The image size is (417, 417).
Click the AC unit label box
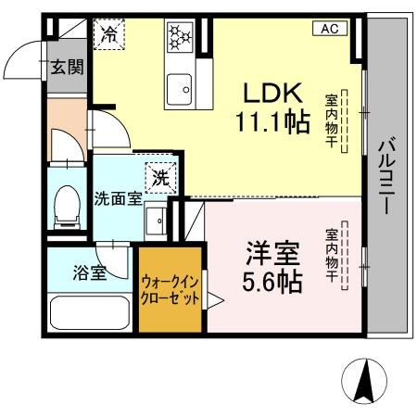coord(328,29)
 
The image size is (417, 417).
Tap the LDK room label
coord(272,94)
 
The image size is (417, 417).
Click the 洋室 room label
coord(273,251)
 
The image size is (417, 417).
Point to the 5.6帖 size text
coord(273,280)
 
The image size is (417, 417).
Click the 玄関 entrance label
coord(67,68)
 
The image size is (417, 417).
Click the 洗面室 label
coord(118,198)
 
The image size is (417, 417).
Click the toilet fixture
coord(67,206)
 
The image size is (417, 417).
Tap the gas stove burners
coord(179,37)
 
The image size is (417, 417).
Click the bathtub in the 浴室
coord(91,314)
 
